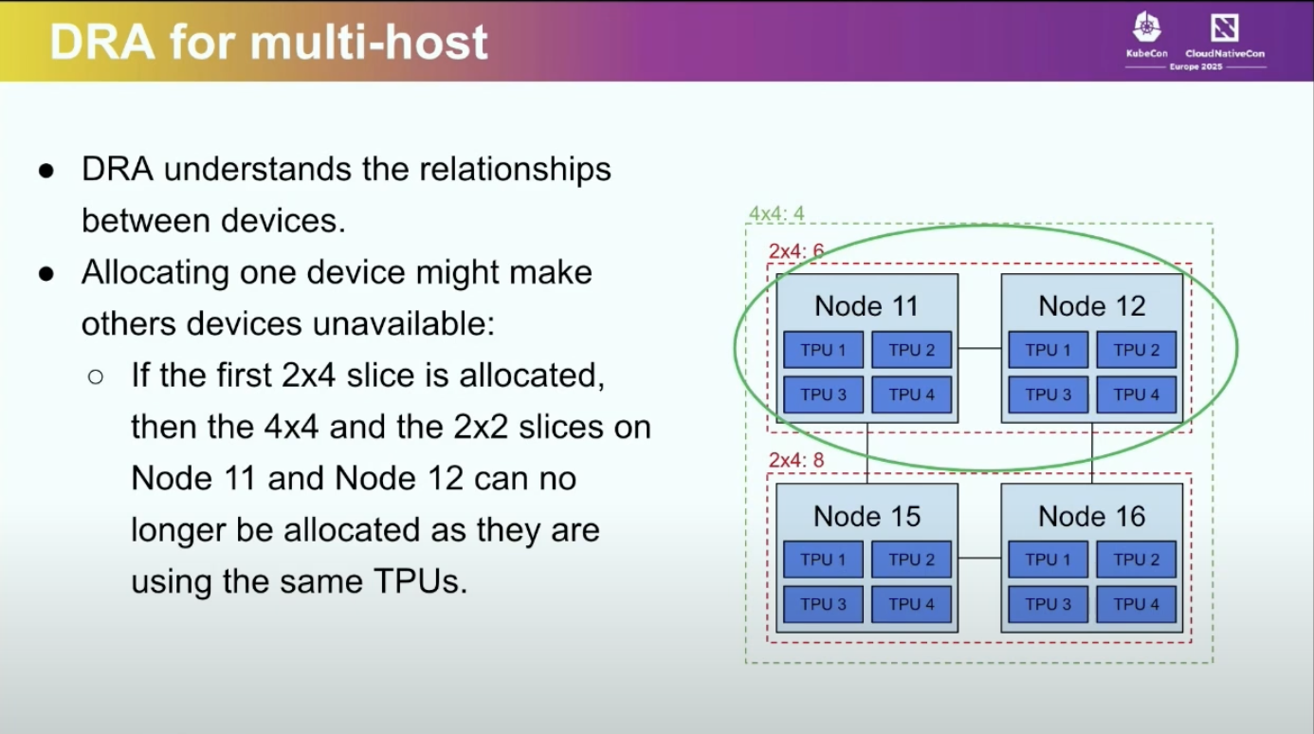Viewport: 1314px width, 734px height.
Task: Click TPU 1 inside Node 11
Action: [823, 350]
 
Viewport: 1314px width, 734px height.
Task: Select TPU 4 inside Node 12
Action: [1136, 395]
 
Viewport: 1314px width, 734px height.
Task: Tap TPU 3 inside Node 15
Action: [823, 604]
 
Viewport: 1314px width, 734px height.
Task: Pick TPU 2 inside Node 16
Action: [1136, 560]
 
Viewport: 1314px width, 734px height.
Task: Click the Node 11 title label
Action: [867, 306]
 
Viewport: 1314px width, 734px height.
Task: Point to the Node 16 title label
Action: [1091, 516]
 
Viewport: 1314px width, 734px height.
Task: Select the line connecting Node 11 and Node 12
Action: [979, 349]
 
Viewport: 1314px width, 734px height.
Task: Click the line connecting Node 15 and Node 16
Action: [979, 559]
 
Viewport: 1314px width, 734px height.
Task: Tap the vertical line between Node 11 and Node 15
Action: [867, 453]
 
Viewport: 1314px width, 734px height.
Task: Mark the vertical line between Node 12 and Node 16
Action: [1092, 453]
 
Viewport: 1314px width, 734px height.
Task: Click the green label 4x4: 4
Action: [776, 213]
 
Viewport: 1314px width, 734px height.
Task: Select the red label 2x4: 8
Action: [796, 461]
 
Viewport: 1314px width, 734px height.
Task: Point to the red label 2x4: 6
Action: [796, 251]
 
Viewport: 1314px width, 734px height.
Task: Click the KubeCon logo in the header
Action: [1146, 36]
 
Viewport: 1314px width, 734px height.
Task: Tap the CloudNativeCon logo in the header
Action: [1224, 36]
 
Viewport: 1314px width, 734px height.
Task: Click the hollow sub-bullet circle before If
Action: [95, 376]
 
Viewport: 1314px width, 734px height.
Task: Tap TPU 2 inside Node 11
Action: [911, 350]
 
